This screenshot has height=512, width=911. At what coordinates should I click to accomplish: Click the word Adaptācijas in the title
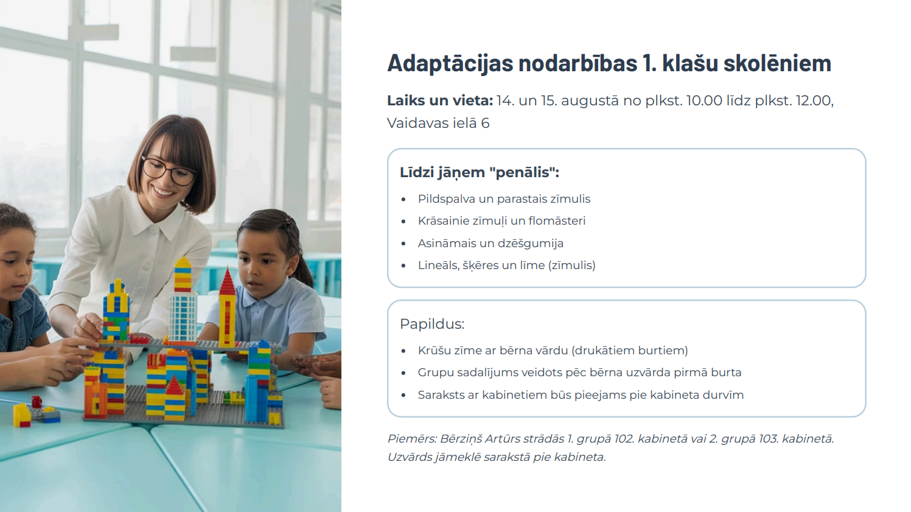[450, 64]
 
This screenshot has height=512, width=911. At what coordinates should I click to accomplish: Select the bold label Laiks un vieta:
[439, 100]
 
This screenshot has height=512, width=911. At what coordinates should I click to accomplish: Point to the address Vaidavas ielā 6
[438, 123]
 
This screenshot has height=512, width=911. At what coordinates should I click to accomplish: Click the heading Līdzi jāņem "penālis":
[479, 172]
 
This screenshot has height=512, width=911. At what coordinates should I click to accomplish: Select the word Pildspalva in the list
[446, 199]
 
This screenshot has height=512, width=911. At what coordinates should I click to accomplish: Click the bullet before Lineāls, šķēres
[403, 266]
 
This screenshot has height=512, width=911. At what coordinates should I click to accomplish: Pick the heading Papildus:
[431, 324]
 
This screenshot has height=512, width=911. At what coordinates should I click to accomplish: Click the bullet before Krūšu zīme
[403, 351]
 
